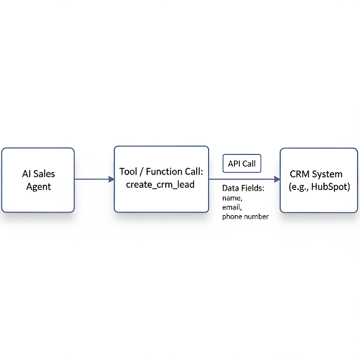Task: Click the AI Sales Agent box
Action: point(38,180)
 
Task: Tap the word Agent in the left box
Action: point(39,187)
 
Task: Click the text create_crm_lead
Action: point(160,184)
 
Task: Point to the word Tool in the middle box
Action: point(128,172)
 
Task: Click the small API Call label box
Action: point(242,163)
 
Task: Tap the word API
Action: point(234,164)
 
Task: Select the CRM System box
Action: point(319,180)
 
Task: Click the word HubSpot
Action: point(330,187)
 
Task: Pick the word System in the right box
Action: point(327,174)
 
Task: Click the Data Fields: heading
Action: point(243,188)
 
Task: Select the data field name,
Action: point(232,198)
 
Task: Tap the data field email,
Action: point(232,207)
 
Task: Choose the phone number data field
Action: point(245,217)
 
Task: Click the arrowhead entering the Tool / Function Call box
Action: point(112,179)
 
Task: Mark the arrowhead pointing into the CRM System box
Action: point(277,179)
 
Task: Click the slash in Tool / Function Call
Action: point(141,172)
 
